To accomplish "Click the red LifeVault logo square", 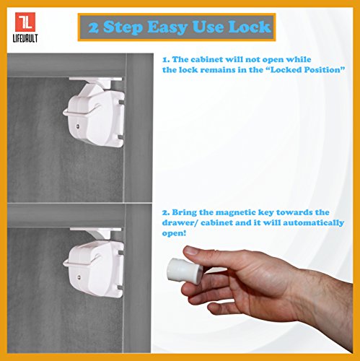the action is tap(25, 22).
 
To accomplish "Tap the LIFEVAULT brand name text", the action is tap(25, 38).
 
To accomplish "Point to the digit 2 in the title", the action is tap(94, 27).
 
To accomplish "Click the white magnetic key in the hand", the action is tap(185, 271).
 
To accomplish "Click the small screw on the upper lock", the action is tap(78, 126).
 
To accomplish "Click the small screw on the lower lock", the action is tap(79, 277).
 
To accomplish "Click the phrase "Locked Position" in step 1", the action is tap(307, 70).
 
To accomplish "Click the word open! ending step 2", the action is tap(174, 233).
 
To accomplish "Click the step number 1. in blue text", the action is tap(166, 59).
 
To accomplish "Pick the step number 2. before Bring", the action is tap(166, 212).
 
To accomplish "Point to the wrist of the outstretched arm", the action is tap(305, 295).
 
